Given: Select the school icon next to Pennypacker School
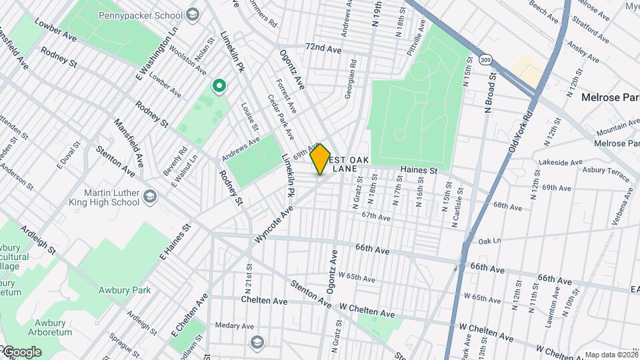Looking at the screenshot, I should pyautogui.click(x=193, y=14).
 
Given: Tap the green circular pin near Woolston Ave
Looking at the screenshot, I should pyautogui.click(x=218, y=86).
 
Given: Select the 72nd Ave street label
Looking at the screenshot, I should pyautogui.click(x=323, y=49).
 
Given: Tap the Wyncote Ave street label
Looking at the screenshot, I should pyautogui.click(x=273, y=224).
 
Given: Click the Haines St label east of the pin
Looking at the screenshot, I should pyautogui.click(x=418, y=171).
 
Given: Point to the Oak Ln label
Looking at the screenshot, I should pyautogui.click(x=489, y=240).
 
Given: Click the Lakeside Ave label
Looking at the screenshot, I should pyautogui.click(x=561, y=162).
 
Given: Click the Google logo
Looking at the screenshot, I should pyautogui.click(x=21, y=352).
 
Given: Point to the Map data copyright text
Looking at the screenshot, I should pyautogui.click(x=611, y=355).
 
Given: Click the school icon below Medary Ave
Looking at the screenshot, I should pyautogui.click(x=257, y=343).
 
